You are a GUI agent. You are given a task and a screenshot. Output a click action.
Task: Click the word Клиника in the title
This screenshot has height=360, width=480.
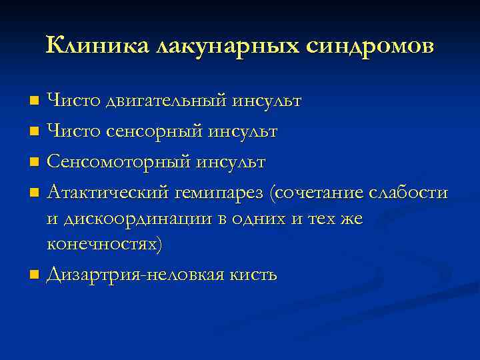click(x=97, y=45)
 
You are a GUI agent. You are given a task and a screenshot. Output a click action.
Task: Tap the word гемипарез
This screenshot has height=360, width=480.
click(x=221, y=193)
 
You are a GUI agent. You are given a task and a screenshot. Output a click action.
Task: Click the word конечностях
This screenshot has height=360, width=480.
click(x=103, y=244)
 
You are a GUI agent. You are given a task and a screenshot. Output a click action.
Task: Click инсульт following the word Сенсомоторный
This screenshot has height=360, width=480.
click(x=239, y=162)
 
